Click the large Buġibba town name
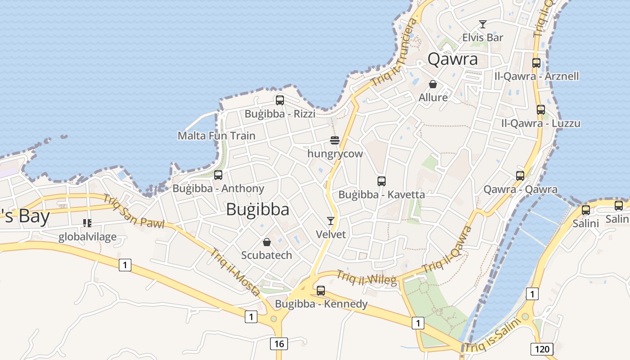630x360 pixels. pyautogui.click(x=258, y=209)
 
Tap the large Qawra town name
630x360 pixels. pyautogui.click(x=452, y=59)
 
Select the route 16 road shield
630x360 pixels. pyautogui.click(x=279, y=344)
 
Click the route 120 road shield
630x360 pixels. pyautogui.click(x=542, y=349)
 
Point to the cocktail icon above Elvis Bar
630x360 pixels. pyautogui.click(x=483, y=24)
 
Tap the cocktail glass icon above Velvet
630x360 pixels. pyautogui.click(x=331, y=220)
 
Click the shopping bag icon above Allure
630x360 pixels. pyautogui.click(x=433, y=84)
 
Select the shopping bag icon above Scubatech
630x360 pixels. pyautogui.click(x=267, y=242)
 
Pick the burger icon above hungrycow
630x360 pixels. pyautogui.click(x=334, y=140)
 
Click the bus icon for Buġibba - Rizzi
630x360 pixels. pyautogui.click(x=280, y=100)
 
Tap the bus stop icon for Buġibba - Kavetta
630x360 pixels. pyautogui.click(x=382, y=181)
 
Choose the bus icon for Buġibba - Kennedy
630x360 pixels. pyautogui.click(x=321, y=291)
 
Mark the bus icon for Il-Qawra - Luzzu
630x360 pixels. pyautogui.click(x=541, y=110)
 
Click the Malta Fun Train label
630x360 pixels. pyautogui.click(x=216, y=135)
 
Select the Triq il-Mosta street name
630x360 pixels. pyautogui.click(x=234, y=272)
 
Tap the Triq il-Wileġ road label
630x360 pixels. pyautogui.click(x=367, y=278)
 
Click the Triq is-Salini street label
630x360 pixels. pyautogui.click(x=492, y=336)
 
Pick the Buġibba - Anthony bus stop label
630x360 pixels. pyautogui.click(x=218, y=189)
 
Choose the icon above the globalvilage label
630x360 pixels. pyautogui.click(x=87, y=223)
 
